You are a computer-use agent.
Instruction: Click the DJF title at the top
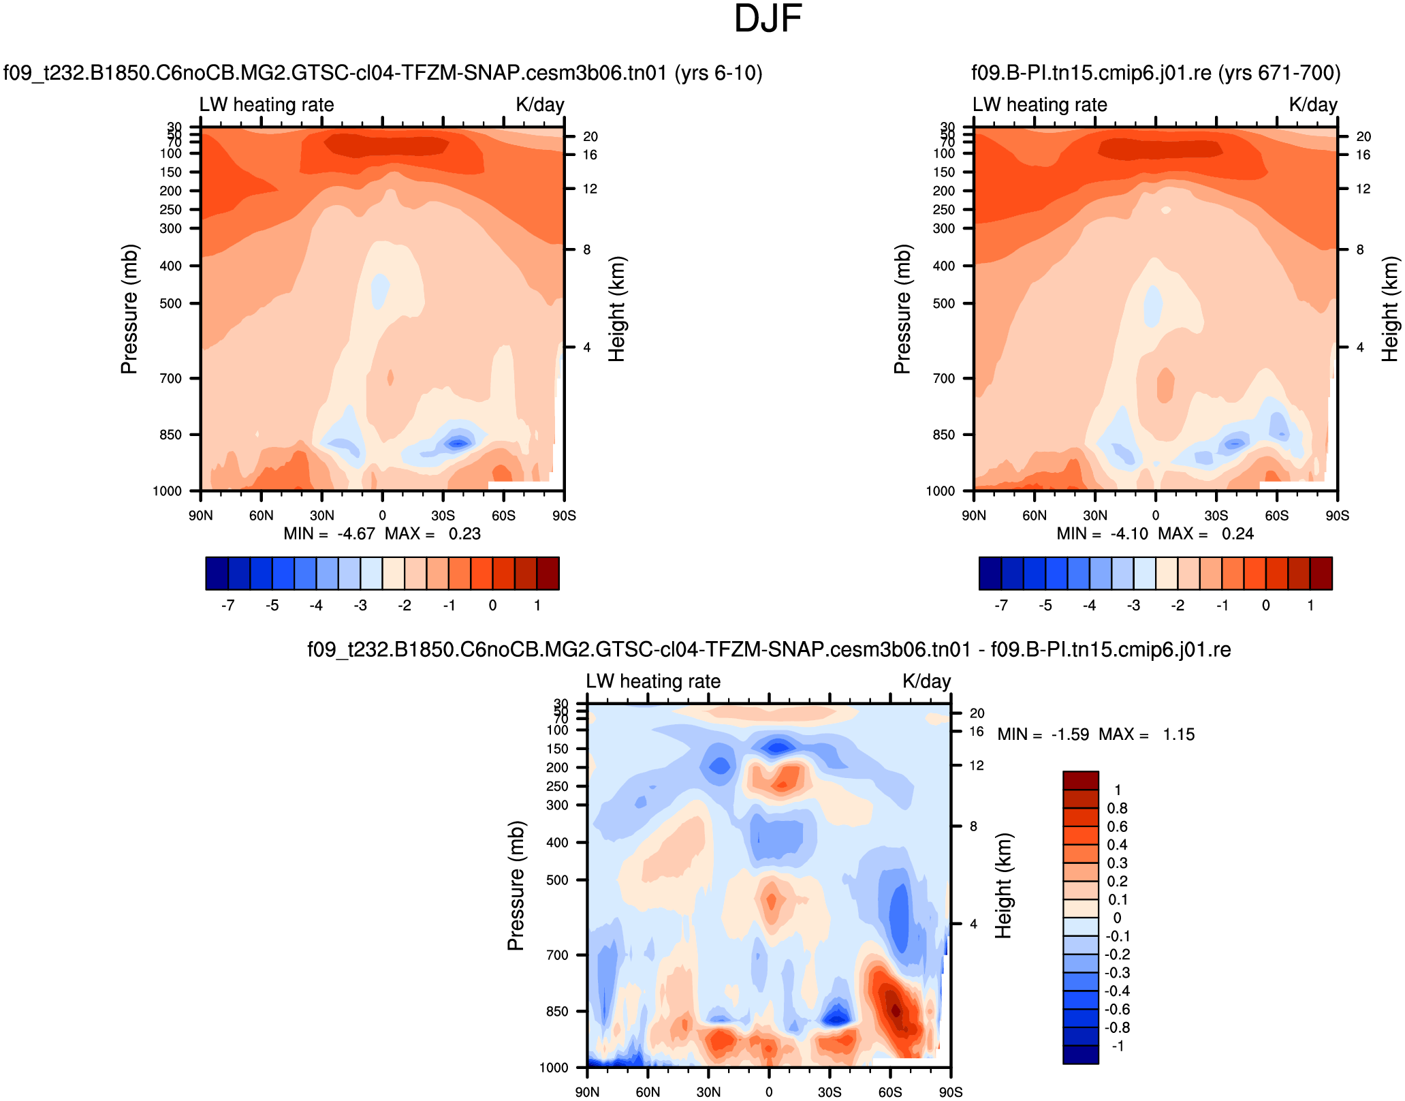pos(768,19)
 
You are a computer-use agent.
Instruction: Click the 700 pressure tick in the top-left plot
pos(171,379)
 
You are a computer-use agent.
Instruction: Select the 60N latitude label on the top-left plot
pos(261,516)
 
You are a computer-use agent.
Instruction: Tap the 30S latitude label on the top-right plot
pos(1216,516)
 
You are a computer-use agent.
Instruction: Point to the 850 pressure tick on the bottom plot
pos(557,1012)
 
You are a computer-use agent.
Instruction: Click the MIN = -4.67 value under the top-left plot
pos(330,533)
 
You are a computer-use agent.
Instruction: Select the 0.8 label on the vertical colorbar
pos(1117,809)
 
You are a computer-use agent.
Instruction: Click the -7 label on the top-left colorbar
pos(228,606)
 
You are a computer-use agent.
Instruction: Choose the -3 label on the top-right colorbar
pos(1133,606)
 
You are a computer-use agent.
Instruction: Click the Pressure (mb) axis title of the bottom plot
pos(516,886)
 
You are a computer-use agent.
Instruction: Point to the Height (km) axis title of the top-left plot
pos(616,309)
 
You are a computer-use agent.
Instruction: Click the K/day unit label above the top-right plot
pos(1313,105)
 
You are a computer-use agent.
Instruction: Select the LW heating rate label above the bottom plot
pos(653,681)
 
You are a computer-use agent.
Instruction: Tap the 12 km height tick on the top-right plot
pos(1363,189)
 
